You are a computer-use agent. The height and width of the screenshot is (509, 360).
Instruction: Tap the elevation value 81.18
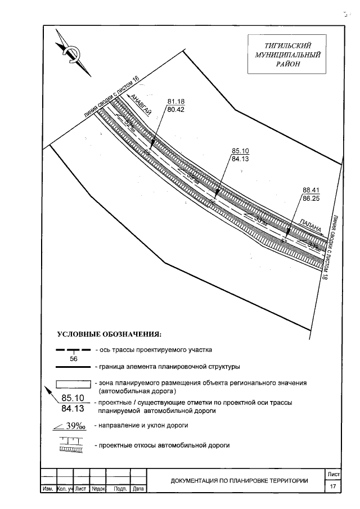pyautogui.click(x=176, y=101)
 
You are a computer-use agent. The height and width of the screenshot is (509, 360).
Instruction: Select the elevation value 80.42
pyautogui.click(x=176, y=110)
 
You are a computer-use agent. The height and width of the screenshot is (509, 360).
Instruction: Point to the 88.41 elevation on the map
pyautogui.click(x=311, y=190)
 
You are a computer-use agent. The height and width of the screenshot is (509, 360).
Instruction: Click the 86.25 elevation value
pyautogui.click(x=311, y=199)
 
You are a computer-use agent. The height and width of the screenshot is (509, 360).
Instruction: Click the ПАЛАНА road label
pyautogui.click(x=310, y=226)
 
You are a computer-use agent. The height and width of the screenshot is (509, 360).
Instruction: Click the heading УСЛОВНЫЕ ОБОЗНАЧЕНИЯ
pyautogui.click(x=109, y=336)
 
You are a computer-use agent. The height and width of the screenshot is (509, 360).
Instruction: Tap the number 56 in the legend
pyautogui.click(x=73, y=359)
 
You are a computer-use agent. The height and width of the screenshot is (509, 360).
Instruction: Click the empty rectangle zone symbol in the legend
pyautogui.click(x=73, y=383)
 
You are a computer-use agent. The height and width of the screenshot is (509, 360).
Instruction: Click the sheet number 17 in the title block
pyautogui.click(x=334, y=485)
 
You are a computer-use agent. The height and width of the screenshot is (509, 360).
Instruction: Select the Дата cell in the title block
pyautogui.click(x=138, y=489)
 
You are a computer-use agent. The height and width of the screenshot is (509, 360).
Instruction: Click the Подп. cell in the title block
pyautogui.click(x=119, y=489)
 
